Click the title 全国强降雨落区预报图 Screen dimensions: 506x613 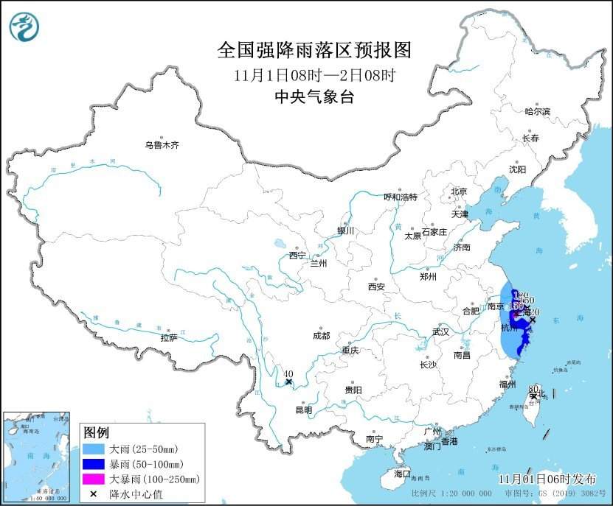[314, 50]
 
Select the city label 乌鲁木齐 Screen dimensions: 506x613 [162, 146]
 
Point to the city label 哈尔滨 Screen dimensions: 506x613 [537, 111]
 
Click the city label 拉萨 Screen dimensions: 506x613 [168, 338]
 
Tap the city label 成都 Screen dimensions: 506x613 [321, 335]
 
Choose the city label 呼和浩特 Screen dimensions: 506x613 [401, 197]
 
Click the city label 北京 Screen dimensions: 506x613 [459, 191]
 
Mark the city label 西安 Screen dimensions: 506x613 [376, 287]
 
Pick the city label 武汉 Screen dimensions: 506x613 [440, 331]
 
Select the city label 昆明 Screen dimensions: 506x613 [303, 410]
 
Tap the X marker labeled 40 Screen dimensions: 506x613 [289, 382]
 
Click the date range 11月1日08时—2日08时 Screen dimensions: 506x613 [314, 74]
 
